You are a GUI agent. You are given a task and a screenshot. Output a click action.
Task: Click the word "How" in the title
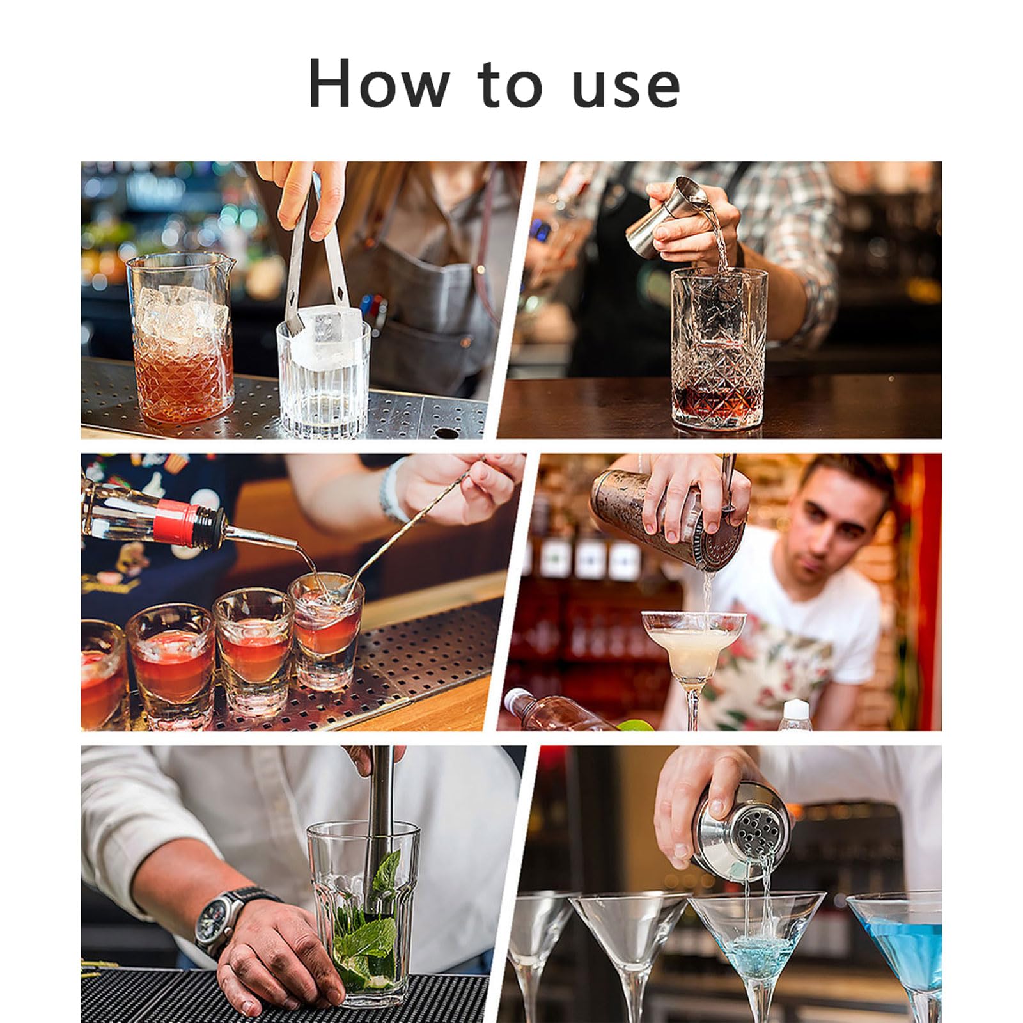pyautogui.click(x=379, y=84)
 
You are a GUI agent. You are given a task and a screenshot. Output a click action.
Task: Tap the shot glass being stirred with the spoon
pyautogui.click(x=327, y=630)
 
